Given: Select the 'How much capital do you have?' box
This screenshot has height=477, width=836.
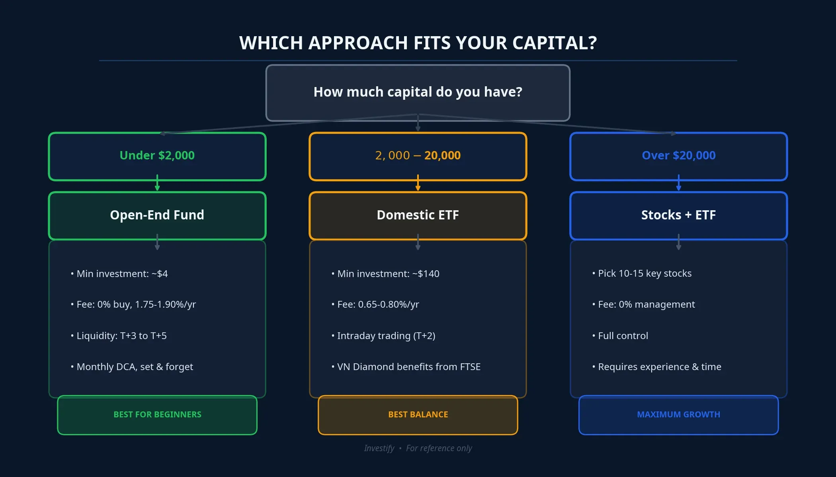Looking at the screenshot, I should click(x=418, y=92).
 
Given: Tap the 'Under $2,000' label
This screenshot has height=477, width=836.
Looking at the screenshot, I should click(x=157, y=155).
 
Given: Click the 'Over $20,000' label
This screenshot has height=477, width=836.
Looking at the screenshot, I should click(x=678, y=155).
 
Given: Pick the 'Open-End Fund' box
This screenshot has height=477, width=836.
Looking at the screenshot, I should click(x=157, y=215).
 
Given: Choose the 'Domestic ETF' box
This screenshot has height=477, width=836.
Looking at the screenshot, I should click(x=418, y=215).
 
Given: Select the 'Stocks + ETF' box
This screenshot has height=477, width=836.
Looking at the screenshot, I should click(x=678, y=215).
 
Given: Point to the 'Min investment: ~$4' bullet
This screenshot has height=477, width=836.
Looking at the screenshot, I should click(x=122, y=274).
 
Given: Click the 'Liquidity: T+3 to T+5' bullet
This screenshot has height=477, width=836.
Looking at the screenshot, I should click(x=121, y=336).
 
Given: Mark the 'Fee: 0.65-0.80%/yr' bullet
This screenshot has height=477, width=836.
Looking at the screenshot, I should click(x=378, y=304).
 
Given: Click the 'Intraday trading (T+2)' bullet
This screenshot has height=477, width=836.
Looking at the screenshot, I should click(x=386, y=336).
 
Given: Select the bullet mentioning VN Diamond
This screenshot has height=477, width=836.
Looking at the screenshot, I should click(x=408, y=367).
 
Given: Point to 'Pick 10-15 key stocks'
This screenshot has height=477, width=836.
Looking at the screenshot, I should click(x=645, y=273).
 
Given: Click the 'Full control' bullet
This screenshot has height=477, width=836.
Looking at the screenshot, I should click(x=623, y=336).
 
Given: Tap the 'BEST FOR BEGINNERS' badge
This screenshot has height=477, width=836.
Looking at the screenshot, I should click(x=157, y=415).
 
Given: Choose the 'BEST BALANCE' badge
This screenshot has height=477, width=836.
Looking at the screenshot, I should click(x=418, y=415).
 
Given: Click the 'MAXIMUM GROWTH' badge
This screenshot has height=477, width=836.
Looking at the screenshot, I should click(x=678, y=415).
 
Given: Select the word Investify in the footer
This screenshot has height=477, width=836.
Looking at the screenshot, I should click(x=379, y=448).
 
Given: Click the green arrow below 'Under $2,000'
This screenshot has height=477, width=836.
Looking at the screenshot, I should click(x=157, y=184).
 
